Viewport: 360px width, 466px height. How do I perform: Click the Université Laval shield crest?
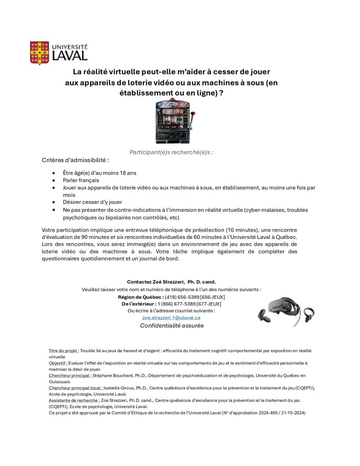coord(40,52)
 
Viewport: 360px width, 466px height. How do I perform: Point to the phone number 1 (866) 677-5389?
coord(177,304)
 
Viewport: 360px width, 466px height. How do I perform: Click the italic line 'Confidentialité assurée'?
coord(172,325)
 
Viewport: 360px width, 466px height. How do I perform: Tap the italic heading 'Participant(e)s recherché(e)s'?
coord(171,152)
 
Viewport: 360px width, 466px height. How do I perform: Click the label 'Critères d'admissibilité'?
coord(76,160)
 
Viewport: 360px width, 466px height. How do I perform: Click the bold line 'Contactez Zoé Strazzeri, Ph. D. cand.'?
coord(171,282)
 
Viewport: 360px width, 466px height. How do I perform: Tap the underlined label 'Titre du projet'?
coord(64,351)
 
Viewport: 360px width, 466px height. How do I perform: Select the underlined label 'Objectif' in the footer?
coord(58,363)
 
